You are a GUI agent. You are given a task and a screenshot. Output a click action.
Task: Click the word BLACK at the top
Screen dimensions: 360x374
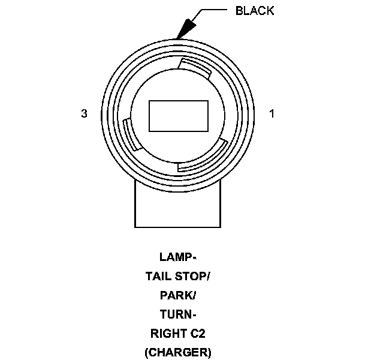255,11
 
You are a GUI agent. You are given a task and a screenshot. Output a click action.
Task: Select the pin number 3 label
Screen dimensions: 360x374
85,113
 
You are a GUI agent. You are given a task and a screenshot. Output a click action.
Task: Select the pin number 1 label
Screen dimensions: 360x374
272,113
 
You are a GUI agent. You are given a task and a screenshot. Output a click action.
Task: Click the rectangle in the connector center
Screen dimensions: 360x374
178,116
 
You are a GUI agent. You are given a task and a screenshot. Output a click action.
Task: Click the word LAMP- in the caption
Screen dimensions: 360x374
178,258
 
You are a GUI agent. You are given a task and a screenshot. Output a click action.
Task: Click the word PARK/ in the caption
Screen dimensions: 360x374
178,296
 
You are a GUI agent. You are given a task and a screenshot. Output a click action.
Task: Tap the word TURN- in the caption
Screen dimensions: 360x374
178,314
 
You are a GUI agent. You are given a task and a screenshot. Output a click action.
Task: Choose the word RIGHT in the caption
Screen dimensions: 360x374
167,334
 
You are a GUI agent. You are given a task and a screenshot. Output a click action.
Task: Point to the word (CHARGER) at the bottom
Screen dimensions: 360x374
178,352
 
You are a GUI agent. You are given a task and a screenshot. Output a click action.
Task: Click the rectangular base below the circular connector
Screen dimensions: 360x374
178,207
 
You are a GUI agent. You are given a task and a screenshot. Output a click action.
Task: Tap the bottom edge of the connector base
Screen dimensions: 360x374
178,227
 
